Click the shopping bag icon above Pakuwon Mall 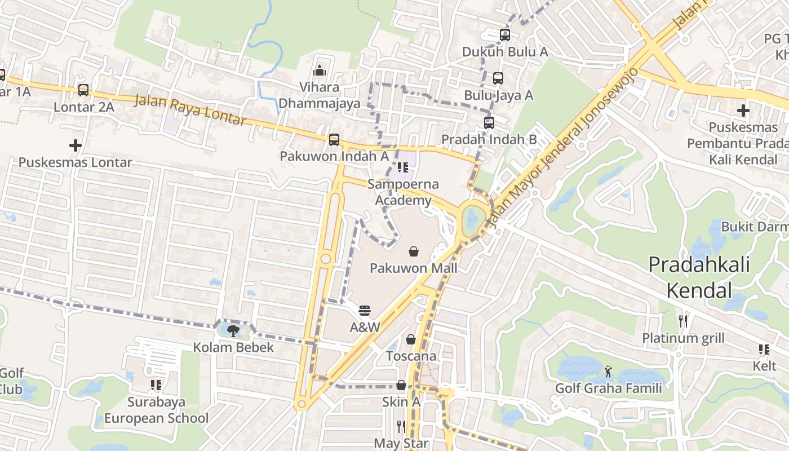click(414, 251)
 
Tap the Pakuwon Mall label click(414, 268)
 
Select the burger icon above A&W click(365, 311)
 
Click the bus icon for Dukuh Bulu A click(505, 34)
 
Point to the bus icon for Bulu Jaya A click(498, 78)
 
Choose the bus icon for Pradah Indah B click(489, 122)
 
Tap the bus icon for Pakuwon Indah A click(334, 139)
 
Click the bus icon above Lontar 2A click(83, 90)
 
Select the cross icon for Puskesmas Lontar click(76, 145)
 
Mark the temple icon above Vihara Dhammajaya click(320, 70)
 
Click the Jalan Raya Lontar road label click(190, 110)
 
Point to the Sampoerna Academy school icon click(402, 167)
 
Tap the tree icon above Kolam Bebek click(233, 330)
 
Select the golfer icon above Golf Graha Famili click(608, 372)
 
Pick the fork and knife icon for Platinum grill click(683, 321)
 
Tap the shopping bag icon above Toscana click(411, 339)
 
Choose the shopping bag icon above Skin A click(401, 385)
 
